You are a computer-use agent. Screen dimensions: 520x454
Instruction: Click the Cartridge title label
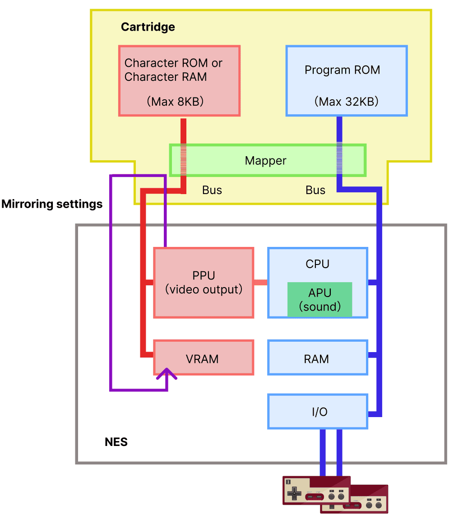(148, 27)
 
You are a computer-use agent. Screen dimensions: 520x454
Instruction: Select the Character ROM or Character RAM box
(179, 80)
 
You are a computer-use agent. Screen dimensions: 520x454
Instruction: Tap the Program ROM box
(347, 80)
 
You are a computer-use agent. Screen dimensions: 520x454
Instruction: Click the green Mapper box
(267, 161)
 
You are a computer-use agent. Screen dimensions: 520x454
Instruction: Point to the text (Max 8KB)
(175, 102)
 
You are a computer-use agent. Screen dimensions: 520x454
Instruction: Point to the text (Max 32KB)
(346, 102)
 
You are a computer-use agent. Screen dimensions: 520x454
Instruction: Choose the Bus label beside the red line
(212, 190)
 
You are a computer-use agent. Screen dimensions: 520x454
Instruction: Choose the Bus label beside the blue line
(315, 190)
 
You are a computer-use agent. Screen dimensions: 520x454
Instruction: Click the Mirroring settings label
(52, 204)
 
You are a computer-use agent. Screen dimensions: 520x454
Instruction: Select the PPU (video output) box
(204, 283)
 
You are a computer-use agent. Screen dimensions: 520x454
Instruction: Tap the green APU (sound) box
(320, 300)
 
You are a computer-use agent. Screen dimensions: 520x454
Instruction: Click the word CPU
(317, 264)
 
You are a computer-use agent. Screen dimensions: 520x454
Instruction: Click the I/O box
(317, 411)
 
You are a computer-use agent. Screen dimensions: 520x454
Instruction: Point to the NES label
(116, 442)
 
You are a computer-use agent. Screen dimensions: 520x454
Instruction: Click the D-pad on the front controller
(294, 492)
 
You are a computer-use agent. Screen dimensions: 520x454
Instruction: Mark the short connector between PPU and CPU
(260, 283)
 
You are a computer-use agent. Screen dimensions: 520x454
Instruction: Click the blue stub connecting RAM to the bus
(373, 355)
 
